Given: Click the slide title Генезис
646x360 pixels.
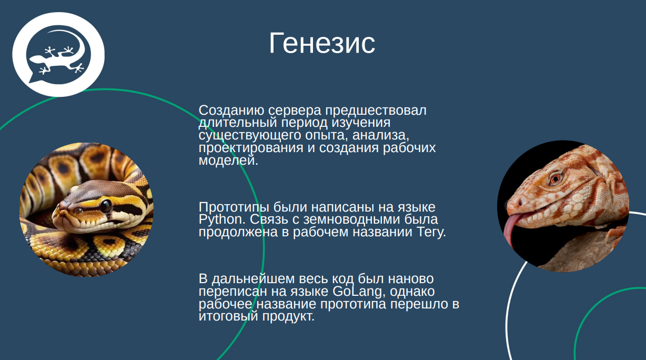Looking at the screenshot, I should coord(322,43).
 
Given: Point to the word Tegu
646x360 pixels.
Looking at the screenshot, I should coord(431,232).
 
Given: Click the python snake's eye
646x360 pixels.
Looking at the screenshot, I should coord(106,205).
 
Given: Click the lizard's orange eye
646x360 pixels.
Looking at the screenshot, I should coord(556,178).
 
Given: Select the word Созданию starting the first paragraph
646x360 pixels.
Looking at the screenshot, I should coord(231,111).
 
